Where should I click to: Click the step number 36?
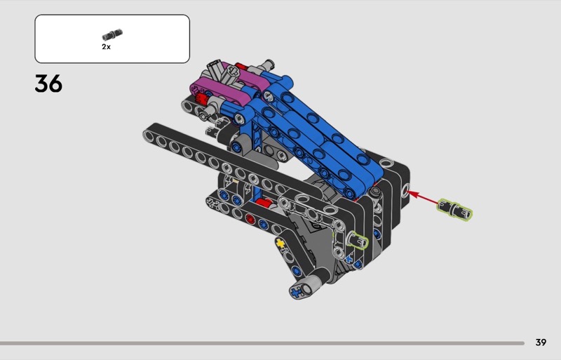tap(48, 84)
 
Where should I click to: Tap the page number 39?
tap(541, 342)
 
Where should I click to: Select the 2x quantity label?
tap(107, 47)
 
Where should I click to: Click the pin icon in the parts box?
tap(112, 35)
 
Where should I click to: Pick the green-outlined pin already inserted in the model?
tap(358, 239)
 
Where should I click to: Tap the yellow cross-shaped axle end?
tap(280, 244)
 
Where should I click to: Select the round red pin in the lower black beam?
tap(250, 218)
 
